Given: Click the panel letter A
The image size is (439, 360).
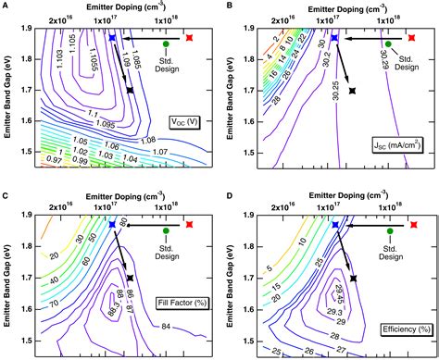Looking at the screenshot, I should pyautogui.click(x=6, y=6).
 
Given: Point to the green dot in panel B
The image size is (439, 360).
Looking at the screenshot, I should pyautogui.click(x=389, y=43).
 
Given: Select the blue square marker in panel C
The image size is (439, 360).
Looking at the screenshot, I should pyautogui.click(x=111, y=224).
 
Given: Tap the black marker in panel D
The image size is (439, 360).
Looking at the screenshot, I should pyautogui.click(x=353, y=278).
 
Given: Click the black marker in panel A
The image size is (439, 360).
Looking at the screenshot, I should pyautogui.click(x=130, y=90).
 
